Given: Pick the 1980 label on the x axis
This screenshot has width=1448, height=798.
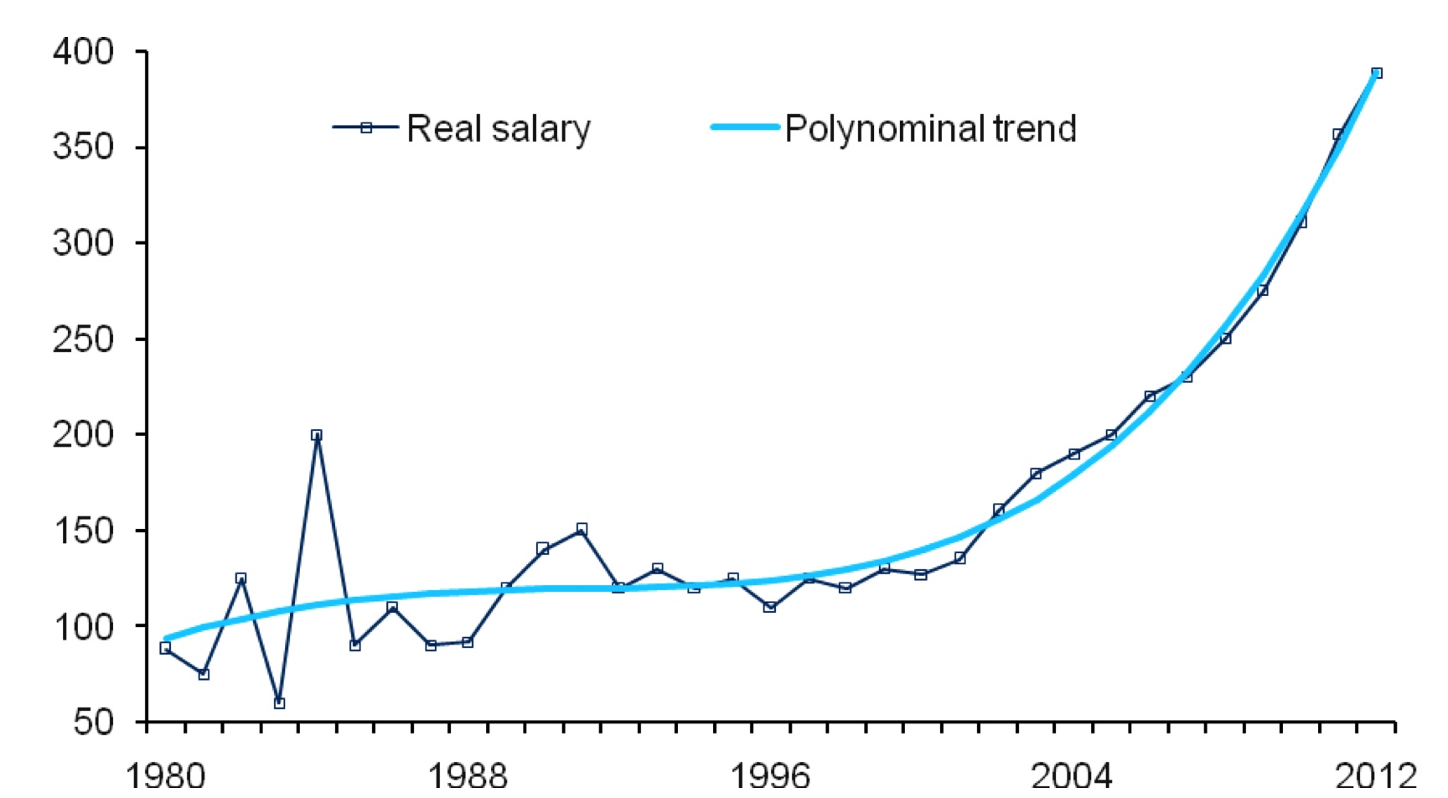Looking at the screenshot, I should click(x=165, y=776).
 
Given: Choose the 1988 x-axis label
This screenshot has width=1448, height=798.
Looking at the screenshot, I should click(x=468, y=776).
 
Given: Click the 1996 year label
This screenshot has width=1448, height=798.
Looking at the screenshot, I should click(x=770, y=776).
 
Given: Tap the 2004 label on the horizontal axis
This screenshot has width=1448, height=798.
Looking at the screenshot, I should click(x=1072, y=776).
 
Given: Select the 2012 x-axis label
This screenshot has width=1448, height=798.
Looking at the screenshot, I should click(x=1375, y=776).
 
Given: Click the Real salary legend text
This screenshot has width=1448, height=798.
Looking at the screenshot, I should click(x=499, y=129).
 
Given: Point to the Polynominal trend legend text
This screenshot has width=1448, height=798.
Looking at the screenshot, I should click(x=930, y=129).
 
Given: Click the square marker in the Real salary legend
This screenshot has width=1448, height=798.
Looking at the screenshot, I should click(x=366, y=127).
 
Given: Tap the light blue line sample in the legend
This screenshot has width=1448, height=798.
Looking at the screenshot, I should click(x=745, y=127).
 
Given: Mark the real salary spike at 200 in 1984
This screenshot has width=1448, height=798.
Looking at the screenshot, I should click(x=316, y=435).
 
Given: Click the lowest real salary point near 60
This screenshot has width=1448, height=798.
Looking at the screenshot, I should click(x=279, y=703).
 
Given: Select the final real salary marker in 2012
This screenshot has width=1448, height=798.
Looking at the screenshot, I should click(x=1377, y=73).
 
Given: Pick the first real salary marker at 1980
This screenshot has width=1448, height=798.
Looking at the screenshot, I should click(x=165, y=648).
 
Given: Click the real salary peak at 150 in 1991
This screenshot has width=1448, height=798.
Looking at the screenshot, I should click(x=582, y=529).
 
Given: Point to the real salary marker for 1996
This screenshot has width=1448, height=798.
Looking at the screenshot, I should click(x=770, y=607).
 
